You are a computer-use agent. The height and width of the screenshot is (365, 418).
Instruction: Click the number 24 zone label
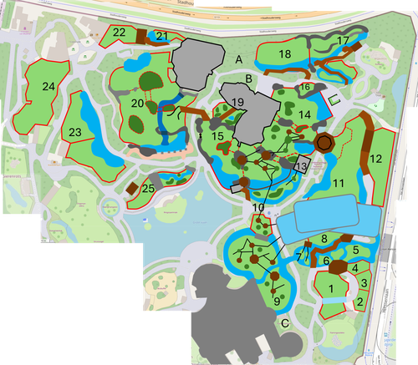48,86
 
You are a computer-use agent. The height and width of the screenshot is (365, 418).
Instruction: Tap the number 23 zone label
75,132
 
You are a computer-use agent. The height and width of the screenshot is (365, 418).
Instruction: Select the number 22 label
120,33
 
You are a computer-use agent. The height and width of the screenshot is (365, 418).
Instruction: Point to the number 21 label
161,36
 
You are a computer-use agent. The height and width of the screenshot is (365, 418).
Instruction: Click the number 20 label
137,103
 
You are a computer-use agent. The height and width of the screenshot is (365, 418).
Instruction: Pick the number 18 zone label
284,54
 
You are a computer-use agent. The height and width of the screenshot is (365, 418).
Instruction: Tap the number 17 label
343,40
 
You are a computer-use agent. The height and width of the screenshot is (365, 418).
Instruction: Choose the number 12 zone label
375,159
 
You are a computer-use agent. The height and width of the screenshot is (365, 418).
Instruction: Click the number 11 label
338,182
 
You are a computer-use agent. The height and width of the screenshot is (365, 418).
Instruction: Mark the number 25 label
148,190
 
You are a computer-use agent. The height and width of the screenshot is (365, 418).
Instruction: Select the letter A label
238,59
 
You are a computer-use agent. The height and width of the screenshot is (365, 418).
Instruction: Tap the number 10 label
258,207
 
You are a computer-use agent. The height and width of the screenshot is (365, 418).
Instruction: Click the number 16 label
305,87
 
